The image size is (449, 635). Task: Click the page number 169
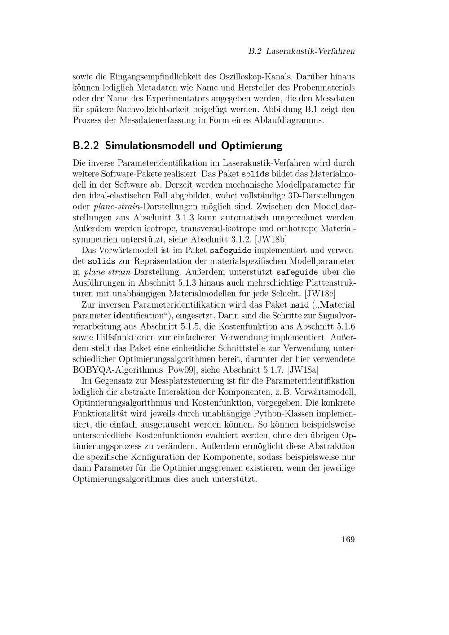pyautogui.click(x=348, y=539)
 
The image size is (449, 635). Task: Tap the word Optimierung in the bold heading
pyautogui.click(x=251, y=146)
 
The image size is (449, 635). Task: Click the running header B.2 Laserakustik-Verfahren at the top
pyautogui.click(x=302, y=51)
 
